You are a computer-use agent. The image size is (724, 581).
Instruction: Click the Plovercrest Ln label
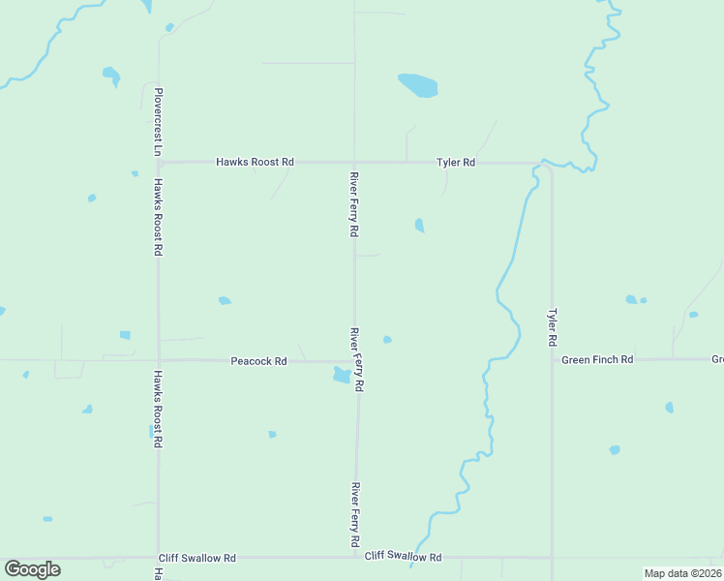pyautogui.click(x=157, y=122)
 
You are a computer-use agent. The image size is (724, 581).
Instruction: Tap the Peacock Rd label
pyautogui.click(x=258, y=361)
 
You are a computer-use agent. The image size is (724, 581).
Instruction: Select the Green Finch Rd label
pyautogui.click(x=597, y=359)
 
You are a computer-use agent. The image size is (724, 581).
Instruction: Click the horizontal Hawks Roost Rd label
pyautogui.click(x=255, y=163)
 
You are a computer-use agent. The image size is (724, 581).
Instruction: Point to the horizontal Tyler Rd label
pyautogui.click(x=455, y=163)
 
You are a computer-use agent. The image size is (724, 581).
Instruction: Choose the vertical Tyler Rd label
pyautogui.click(x=552, y=328)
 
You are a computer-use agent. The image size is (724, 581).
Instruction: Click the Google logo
pyautogui.click(x=32, y=568)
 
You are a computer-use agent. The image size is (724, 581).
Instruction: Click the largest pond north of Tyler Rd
pyautogui.click(x=418, y=85)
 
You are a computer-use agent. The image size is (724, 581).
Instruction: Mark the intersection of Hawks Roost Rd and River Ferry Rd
pyautogui.click(x=353, y=163)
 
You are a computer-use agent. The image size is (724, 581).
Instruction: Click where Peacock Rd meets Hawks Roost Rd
pyautogui.click(x=159, y=360)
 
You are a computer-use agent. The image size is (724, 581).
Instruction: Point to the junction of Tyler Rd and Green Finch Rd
pyautogui.click(x=552, y=359)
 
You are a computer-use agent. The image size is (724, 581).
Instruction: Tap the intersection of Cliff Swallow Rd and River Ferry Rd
pyautogui.click(x=357, y=558)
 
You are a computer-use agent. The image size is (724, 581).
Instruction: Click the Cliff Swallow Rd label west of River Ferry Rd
pyautogui.click(x=197, y=559)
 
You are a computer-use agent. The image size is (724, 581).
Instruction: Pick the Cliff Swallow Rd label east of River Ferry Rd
pyautogui.click(x=403, y=558)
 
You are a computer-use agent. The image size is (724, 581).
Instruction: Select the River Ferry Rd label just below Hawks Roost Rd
pyautogui.click(x=354, y=205)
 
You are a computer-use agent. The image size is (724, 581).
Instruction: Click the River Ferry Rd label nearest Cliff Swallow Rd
pyautogui.click(x=356, y=517)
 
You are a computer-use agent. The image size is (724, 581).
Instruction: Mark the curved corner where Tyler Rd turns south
pyautogui.click(x=548, y=168)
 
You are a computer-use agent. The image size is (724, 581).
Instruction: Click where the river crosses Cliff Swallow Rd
pyautogui.click(x=414, y=558)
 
